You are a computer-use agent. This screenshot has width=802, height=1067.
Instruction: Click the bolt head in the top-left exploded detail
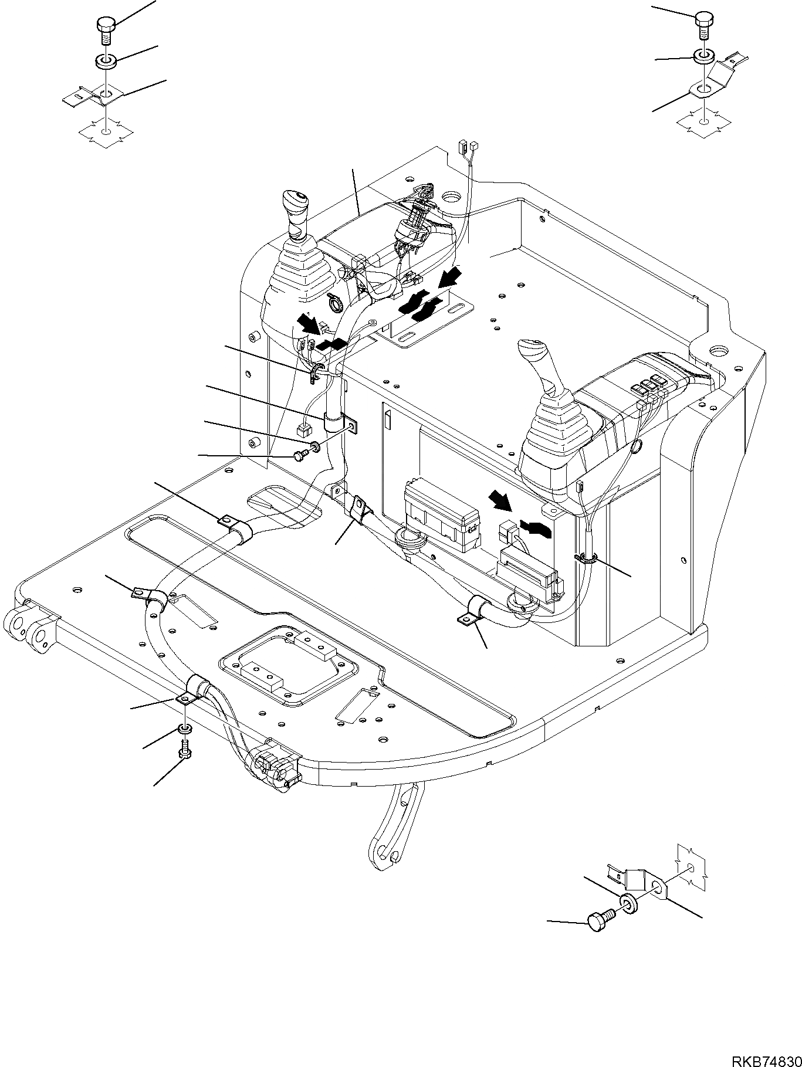click(x=105, y=26)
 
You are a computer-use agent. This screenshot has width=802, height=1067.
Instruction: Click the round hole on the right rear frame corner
click(x=717, y=352)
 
